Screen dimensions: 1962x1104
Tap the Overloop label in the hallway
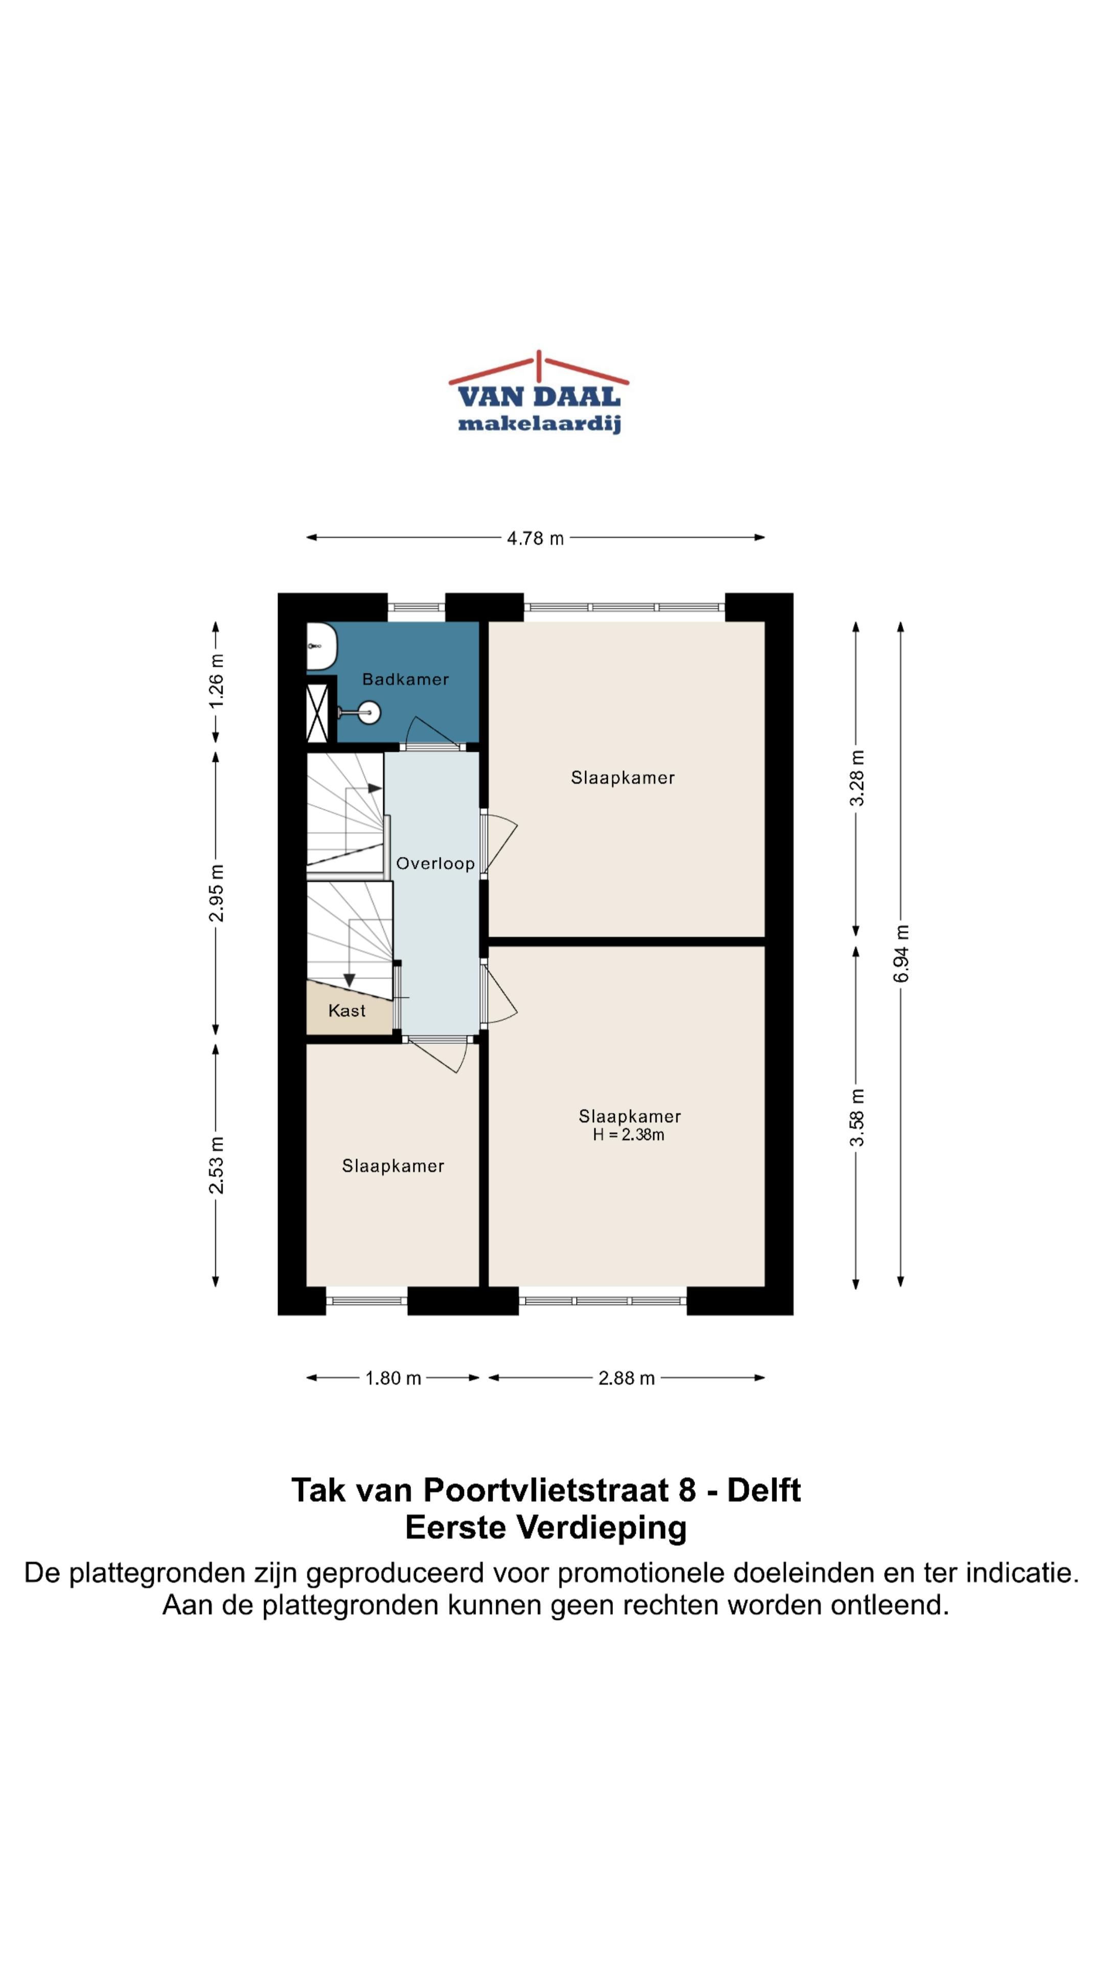pos(435,863)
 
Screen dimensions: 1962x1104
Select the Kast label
pos(347,1010)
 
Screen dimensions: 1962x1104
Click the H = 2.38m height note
pos(629,1135)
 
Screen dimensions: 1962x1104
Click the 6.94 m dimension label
pos(901,953)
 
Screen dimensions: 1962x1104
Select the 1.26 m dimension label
pos(216,680)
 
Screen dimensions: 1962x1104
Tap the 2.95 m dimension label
pos(216,893)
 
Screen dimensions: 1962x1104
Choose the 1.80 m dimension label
pos(393,1378)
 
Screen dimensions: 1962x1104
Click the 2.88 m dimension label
pos(626,1378)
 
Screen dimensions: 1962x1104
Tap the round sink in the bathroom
pos(369,713)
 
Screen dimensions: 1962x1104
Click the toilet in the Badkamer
pos(321,646)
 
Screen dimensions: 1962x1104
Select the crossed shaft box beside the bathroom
pos(317,713)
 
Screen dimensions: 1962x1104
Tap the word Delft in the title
pos(764,1490)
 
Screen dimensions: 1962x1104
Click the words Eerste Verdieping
pos(545,1528)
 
